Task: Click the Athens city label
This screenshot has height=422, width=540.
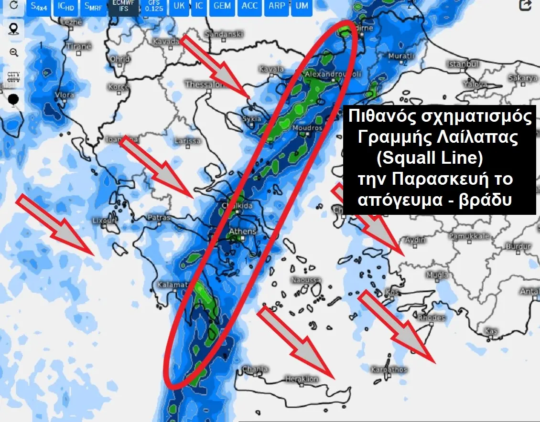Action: [243, 232]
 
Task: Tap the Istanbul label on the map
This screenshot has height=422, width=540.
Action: [462, 64]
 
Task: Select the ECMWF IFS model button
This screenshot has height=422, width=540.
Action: [123, 7]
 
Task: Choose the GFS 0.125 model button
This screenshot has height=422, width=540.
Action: [153, 6]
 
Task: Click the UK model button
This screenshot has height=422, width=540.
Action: [179, 6]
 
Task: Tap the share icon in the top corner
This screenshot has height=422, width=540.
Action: [526, 5]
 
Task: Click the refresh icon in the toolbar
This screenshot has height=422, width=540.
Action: [14, 5]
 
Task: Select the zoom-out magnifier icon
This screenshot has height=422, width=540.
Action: [14, 53]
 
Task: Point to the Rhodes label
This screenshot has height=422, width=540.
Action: [431, 317]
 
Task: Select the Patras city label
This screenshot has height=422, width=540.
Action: [159, 218]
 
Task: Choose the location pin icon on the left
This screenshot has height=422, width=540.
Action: [14, 29]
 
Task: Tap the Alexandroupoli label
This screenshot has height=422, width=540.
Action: [327, 75]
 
